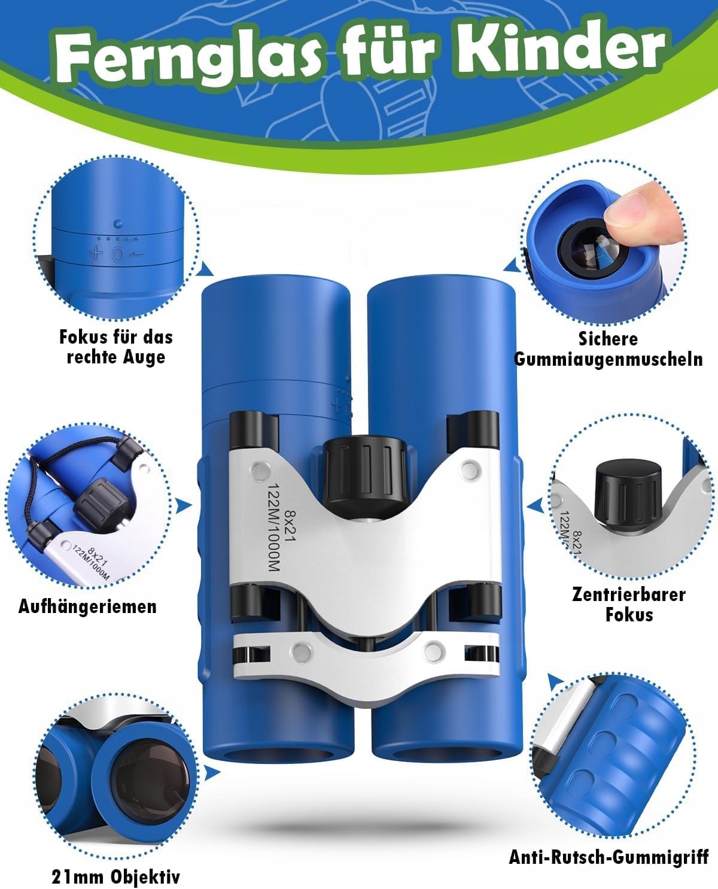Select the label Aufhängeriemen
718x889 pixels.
pos(87,606)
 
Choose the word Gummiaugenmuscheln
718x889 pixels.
pos(609,359)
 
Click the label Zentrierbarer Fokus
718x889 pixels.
pos(629,605)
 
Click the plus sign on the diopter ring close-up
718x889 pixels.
pos(96,253)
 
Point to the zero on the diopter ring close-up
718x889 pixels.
pos(118,254)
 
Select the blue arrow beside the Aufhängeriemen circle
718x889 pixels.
pos(184,506)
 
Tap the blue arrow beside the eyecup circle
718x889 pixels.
pos(512,265)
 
